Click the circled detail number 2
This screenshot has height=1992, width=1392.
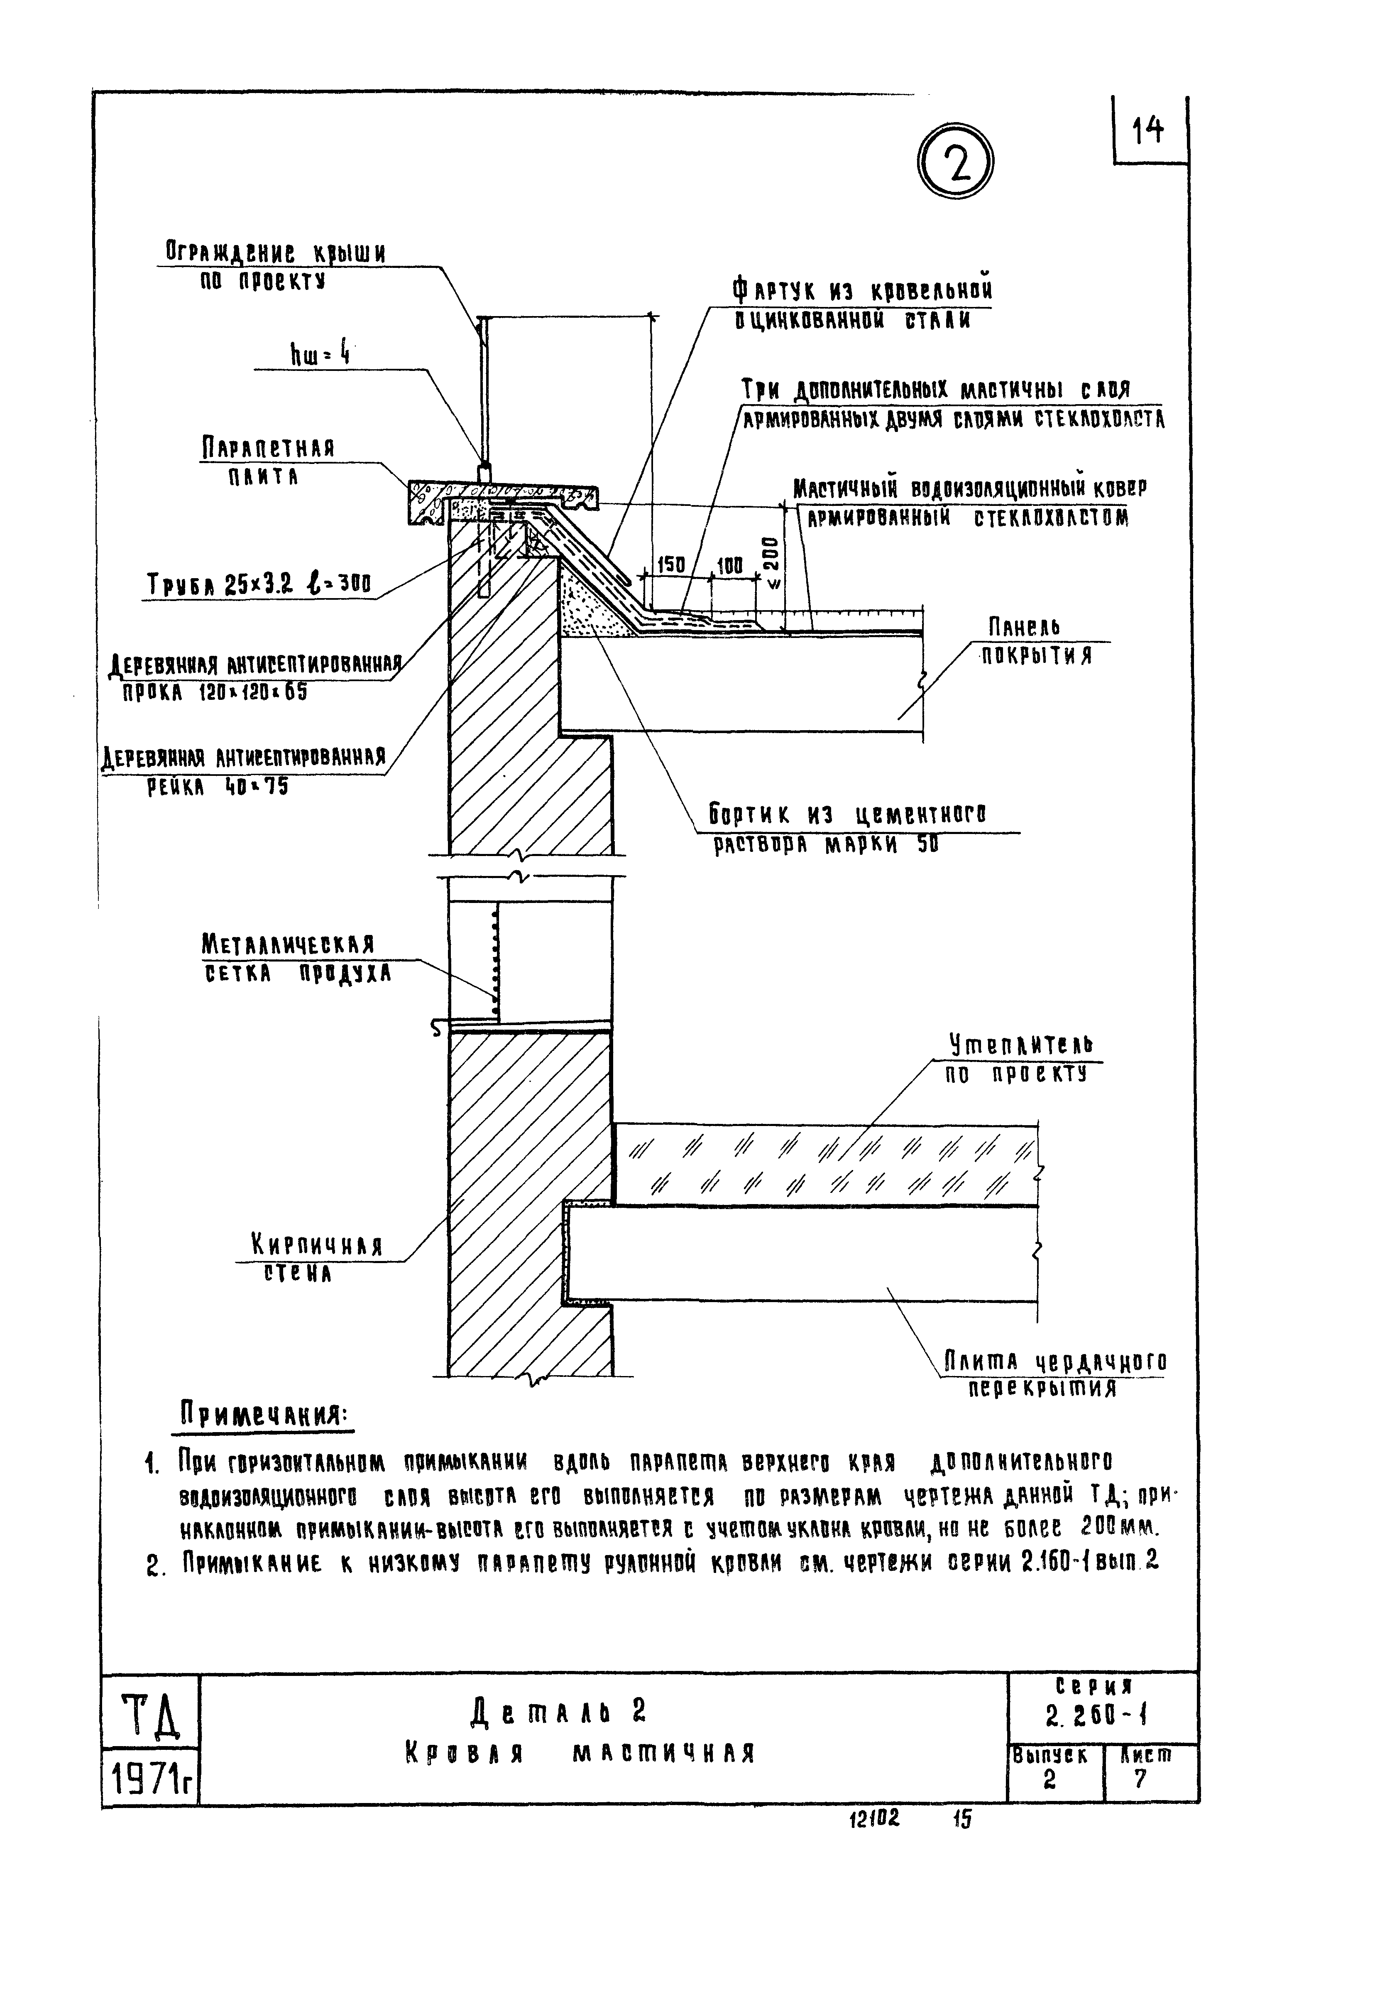point(954,163)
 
